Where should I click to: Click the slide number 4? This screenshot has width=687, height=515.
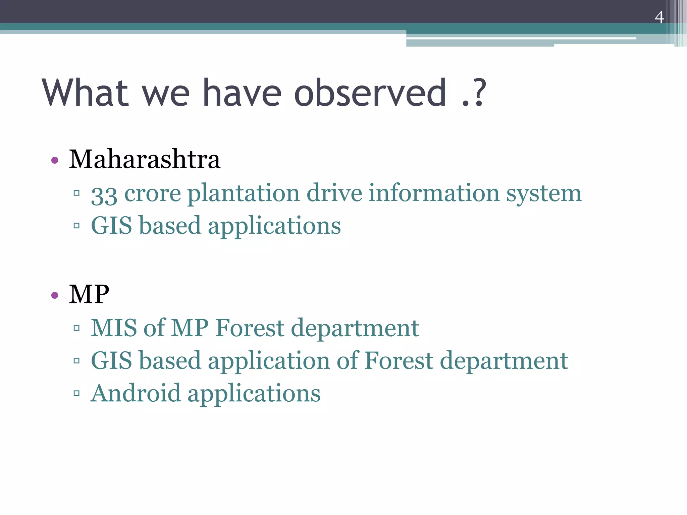coord(659,17)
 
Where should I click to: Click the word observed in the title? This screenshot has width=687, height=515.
coord(370,93)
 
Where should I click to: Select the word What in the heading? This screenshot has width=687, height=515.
coord(86,93)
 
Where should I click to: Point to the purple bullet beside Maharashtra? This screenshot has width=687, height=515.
coord(55,160)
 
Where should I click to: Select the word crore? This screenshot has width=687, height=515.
coord(153,194)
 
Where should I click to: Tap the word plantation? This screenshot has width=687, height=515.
coord(243,194)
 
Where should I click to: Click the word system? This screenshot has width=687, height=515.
coord(544,194)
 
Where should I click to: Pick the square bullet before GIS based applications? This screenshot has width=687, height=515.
coord(76,226)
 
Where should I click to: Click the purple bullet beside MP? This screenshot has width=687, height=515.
coord(55,295)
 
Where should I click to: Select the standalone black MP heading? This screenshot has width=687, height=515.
coord(89,294)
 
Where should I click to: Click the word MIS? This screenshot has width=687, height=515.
coord(114,328)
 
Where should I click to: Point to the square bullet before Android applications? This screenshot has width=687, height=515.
coord(76,393)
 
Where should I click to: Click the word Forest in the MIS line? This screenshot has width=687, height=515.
coord(250,328)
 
